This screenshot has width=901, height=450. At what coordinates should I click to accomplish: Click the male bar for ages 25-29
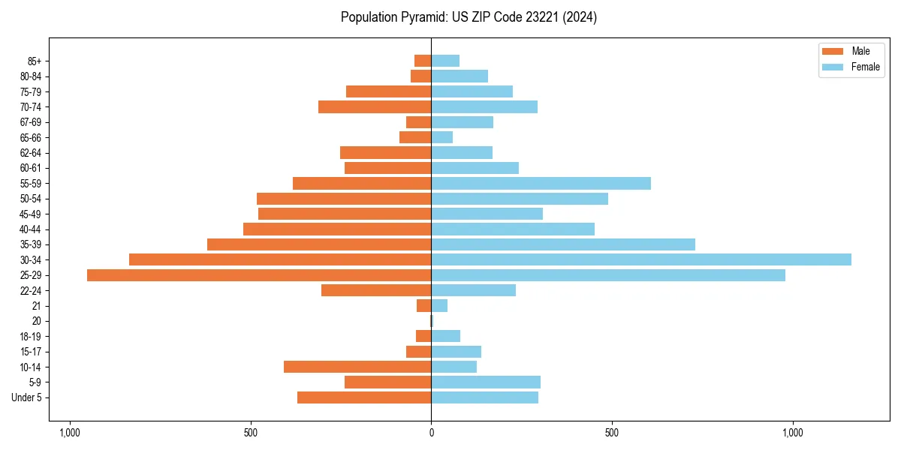coord(259,275)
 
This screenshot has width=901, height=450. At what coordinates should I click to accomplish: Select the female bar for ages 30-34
coord(641,259)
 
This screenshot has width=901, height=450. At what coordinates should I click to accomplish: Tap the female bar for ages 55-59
coord(541,184)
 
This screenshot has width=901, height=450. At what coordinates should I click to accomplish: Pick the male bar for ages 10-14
coord(357,367)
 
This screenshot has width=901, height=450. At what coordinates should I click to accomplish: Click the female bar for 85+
coord(445,61)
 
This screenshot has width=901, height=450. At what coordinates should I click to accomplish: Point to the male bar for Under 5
coord(364,397)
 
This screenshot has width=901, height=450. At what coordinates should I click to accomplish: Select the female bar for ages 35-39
coord(563,244)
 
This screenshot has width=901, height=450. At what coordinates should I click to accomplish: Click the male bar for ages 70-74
coord(375,107)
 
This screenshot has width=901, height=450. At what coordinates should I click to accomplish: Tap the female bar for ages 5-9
coord(486,382)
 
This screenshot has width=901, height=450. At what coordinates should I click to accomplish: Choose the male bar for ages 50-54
coord(344,199)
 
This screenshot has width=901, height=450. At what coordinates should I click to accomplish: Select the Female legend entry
coord(852,67)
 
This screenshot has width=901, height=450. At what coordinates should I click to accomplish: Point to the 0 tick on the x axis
coord(431,433)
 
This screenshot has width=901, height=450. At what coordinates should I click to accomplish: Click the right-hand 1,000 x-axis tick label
coord(793,433)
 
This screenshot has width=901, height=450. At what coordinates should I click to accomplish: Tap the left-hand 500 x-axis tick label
coord(251,433)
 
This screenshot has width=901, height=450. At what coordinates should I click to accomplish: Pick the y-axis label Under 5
coord(27,397)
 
